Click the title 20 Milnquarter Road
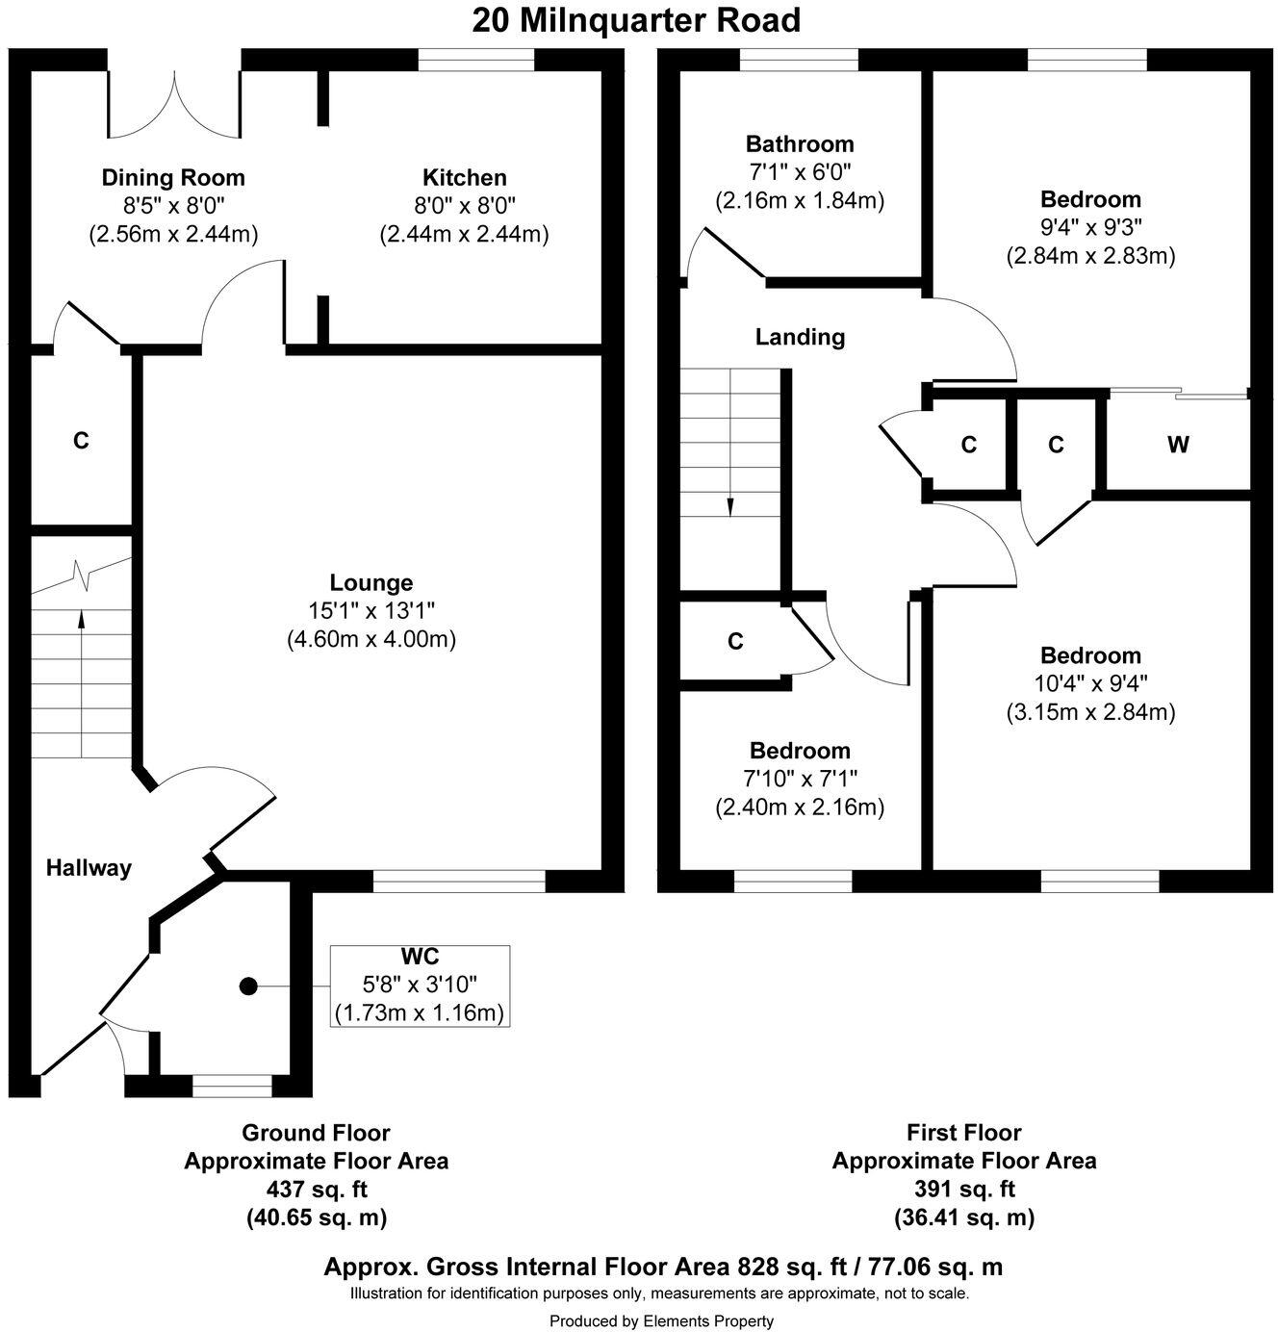click(x=636, y=20)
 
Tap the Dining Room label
click(x=173, y=178)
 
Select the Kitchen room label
click(x=464, y=178)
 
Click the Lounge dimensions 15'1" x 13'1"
click(x=371, y=610)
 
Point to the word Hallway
click(x=89, y=868)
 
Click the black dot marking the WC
click(x=248, y=986)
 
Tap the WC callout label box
click(x=420, y=986)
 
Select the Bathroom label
click(x=799, y=144)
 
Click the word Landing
click(x=800, y=337)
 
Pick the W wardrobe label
click(x=1178, y=445)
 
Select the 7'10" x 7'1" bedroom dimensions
click(x=800, y=779)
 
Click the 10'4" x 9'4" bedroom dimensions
click(x=1090, y=683)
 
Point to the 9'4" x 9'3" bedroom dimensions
click(x=1090, y=228)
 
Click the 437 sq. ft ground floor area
click(x=316, y=1190)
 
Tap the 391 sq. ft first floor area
click(x=963, y=1190)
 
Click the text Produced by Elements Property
click(x=661, y=1321)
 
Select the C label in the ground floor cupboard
click(x=81, y=441)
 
